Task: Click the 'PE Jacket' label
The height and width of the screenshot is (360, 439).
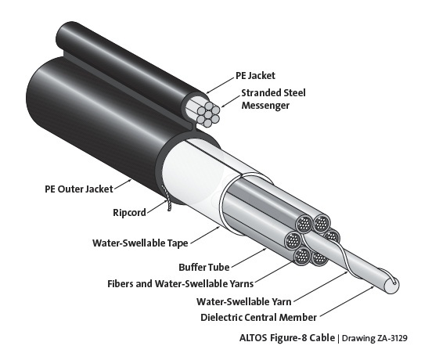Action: tap(255, 76)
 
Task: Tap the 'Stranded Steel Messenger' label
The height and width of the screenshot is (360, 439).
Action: tap(273, 99)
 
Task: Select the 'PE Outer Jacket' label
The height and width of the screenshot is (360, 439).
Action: tap(79, 189)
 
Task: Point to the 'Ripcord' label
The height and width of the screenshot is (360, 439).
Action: tap(129, 212)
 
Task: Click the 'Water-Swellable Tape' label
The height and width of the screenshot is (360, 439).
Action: tap(140, 243)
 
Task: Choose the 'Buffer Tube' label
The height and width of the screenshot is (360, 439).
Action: tap(204, 267)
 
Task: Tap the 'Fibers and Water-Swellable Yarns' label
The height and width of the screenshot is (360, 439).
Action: tap(181, 284)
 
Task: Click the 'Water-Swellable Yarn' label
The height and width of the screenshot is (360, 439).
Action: tap(244, 302)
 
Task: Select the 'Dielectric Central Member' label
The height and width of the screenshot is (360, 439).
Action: tap(258, 318)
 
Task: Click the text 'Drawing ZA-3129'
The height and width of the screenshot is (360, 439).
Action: tap(375, 338)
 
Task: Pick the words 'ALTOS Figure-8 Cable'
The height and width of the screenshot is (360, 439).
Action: tap(287, 338)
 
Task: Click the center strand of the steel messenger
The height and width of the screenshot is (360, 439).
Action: tap(208, 114)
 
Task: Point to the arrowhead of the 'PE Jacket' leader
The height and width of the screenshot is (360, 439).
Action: tap(207, 92)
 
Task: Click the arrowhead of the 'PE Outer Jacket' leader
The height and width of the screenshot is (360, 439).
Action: tap(130, 181)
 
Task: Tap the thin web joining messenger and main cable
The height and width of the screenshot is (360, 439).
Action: tap(193, 128)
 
